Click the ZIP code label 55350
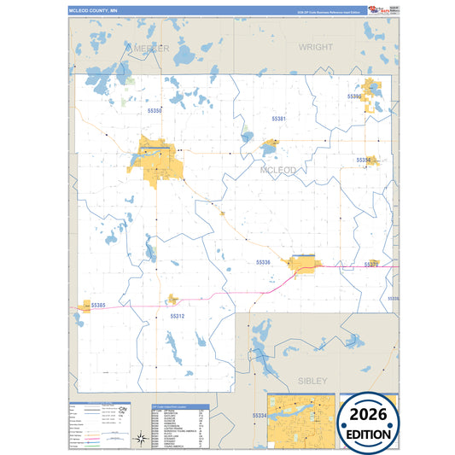(155, 111)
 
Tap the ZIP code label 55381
(279, 118)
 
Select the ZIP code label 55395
(355, 97)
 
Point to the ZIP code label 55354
(364, 160)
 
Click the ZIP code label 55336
(263, 262)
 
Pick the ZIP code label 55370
(370, 265)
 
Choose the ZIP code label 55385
(97, 305)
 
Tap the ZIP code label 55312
(178, 316)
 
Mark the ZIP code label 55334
(260, 416)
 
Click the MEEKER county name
(147, 48)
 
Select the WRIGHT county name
(316, 48)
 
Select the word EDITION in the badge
(370, 434)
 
